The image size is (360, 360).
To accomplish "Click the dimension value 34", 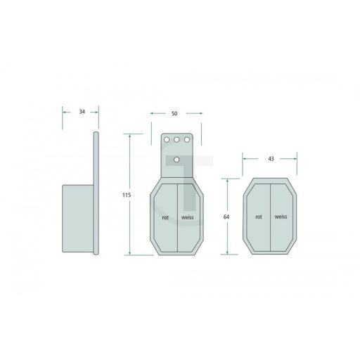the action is (82, 112).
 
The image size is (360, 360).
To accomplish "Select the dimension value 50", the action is (174, 113).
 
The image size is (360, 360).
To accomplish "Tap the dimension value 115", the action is (127, 195).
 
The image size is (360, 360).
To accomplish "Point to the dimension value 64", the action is (226, 217).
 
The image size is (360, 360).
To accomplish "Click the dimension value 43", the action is (271, 159).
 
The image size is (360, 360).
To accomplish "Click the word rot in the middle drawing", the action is (165, 217).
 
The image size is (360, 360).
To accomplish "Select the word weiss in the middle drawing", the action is (188, 217).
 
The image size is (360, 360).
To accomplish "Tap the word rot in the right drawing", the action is (259, 217).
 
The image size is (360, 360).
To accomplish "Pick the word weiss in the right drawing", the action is (281, 217).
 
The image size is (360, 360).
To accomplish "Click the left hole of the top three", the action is (167, 140).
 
